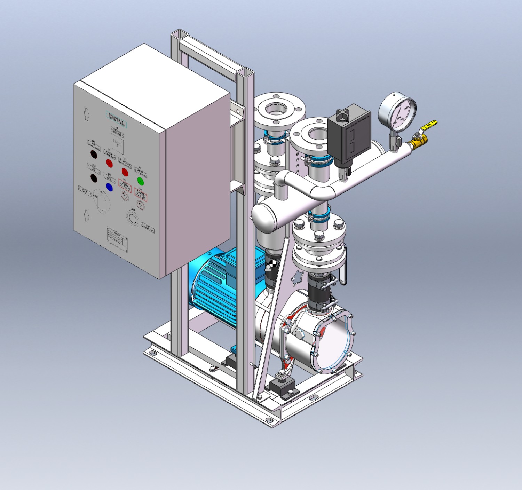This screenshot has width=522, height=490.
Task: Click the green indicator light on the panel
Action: click(x=141, y=181)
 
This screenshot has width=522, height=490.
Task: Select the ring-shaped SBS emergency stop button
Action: click(x=133, y=219)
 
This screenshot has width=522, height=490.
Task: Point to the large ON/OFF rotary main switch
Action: click(x=102, y=202)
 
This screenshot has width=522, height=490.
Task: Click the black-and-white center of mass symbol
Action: click(x=273, y=263)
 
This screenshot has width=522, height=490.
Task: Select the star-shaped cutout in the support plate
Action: click(x=299, y=277)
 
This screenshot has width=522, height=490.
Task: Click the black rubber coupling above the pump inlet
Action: click(x=318, y=293)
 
